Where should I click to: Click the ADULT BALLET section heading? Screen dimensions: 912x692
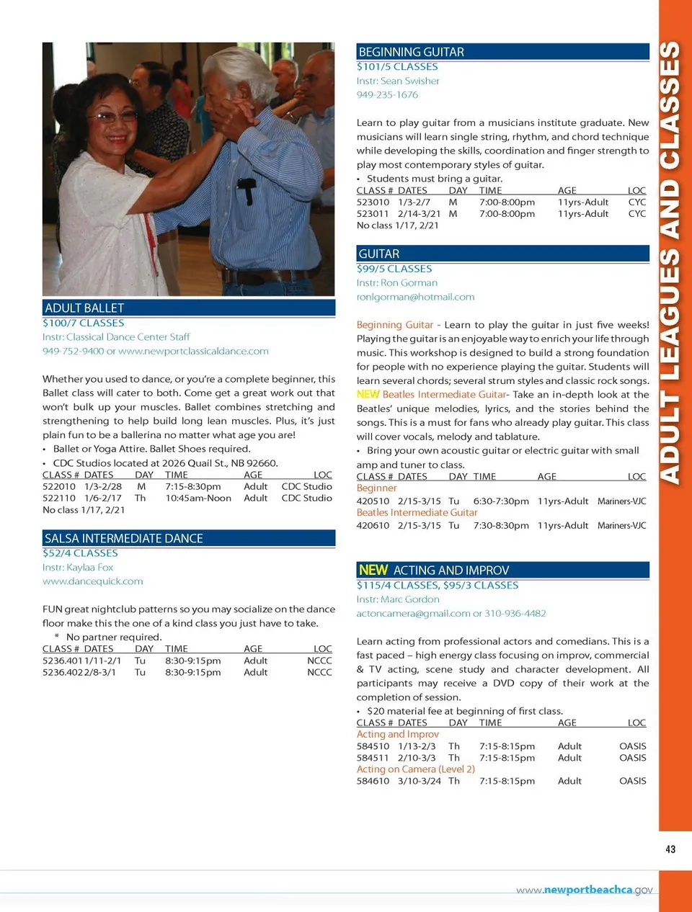click(x=84, y=308)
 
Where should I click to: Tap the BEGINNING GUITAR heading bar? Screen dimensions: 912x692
click(x=411, y=52)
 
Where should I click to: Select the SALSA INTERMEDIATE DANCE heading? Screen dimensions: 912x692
click(x=123, y=538)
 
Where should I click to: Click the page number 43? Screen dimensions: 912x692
click(x=670, y=849)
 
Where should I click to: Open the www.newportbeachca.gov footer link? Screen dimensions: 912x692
click(x=584, y=890)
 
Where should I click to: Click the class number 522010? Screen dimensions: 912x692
click(x=59, y=486)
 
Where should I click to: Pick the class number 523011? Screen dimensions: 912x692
click(x=373, y=214)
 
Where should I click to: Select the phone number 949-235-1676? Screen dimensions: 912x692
click(x=387, y=94)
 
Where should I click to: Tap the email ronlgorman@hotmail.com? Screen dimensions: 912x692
click(x=415, y=297)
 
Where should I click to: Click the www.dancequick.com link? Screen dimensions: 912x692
click(x=92, y=581)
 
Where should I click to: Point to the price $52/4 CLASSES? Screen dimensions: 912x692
click(x=80, y=553)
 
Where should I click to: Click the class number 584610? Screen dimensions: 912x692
click(x=373, y=781)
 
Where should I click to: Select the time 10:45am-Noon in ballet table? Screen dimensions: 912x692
click(x=198, y=498)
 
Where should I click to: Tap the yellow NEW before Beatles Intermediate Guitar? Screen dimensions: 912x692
click(x=368, y=395)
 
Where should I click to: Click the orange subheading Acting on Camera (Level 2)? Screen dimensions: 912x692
click(x=415, y=769)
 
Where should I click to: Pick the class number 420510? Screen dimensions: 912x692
click(x=373, y=501)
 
